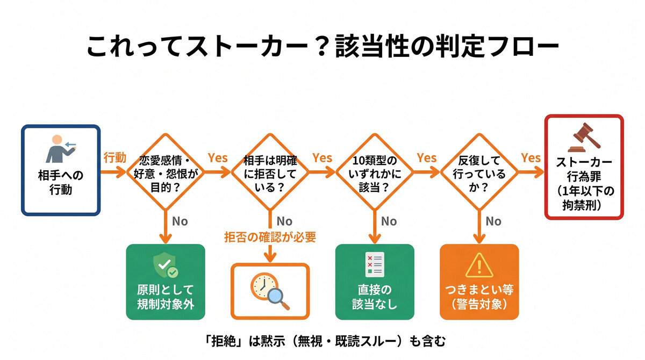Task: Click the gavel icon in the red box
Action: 584,139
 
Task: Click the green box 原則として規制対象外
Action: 165,282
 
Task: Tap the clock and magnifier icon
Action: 270,291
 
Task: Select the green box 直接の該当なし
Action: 375,282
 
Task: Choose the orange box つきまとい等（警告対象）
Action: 479,282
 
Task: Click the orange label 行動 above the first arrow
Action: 114,158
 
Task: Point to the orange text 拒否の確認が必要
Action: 270,236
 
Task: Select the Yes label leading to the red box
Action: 531,158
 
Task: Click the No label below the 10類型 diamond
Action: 389,221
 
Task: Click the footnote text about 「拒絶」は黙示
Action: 322,340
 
